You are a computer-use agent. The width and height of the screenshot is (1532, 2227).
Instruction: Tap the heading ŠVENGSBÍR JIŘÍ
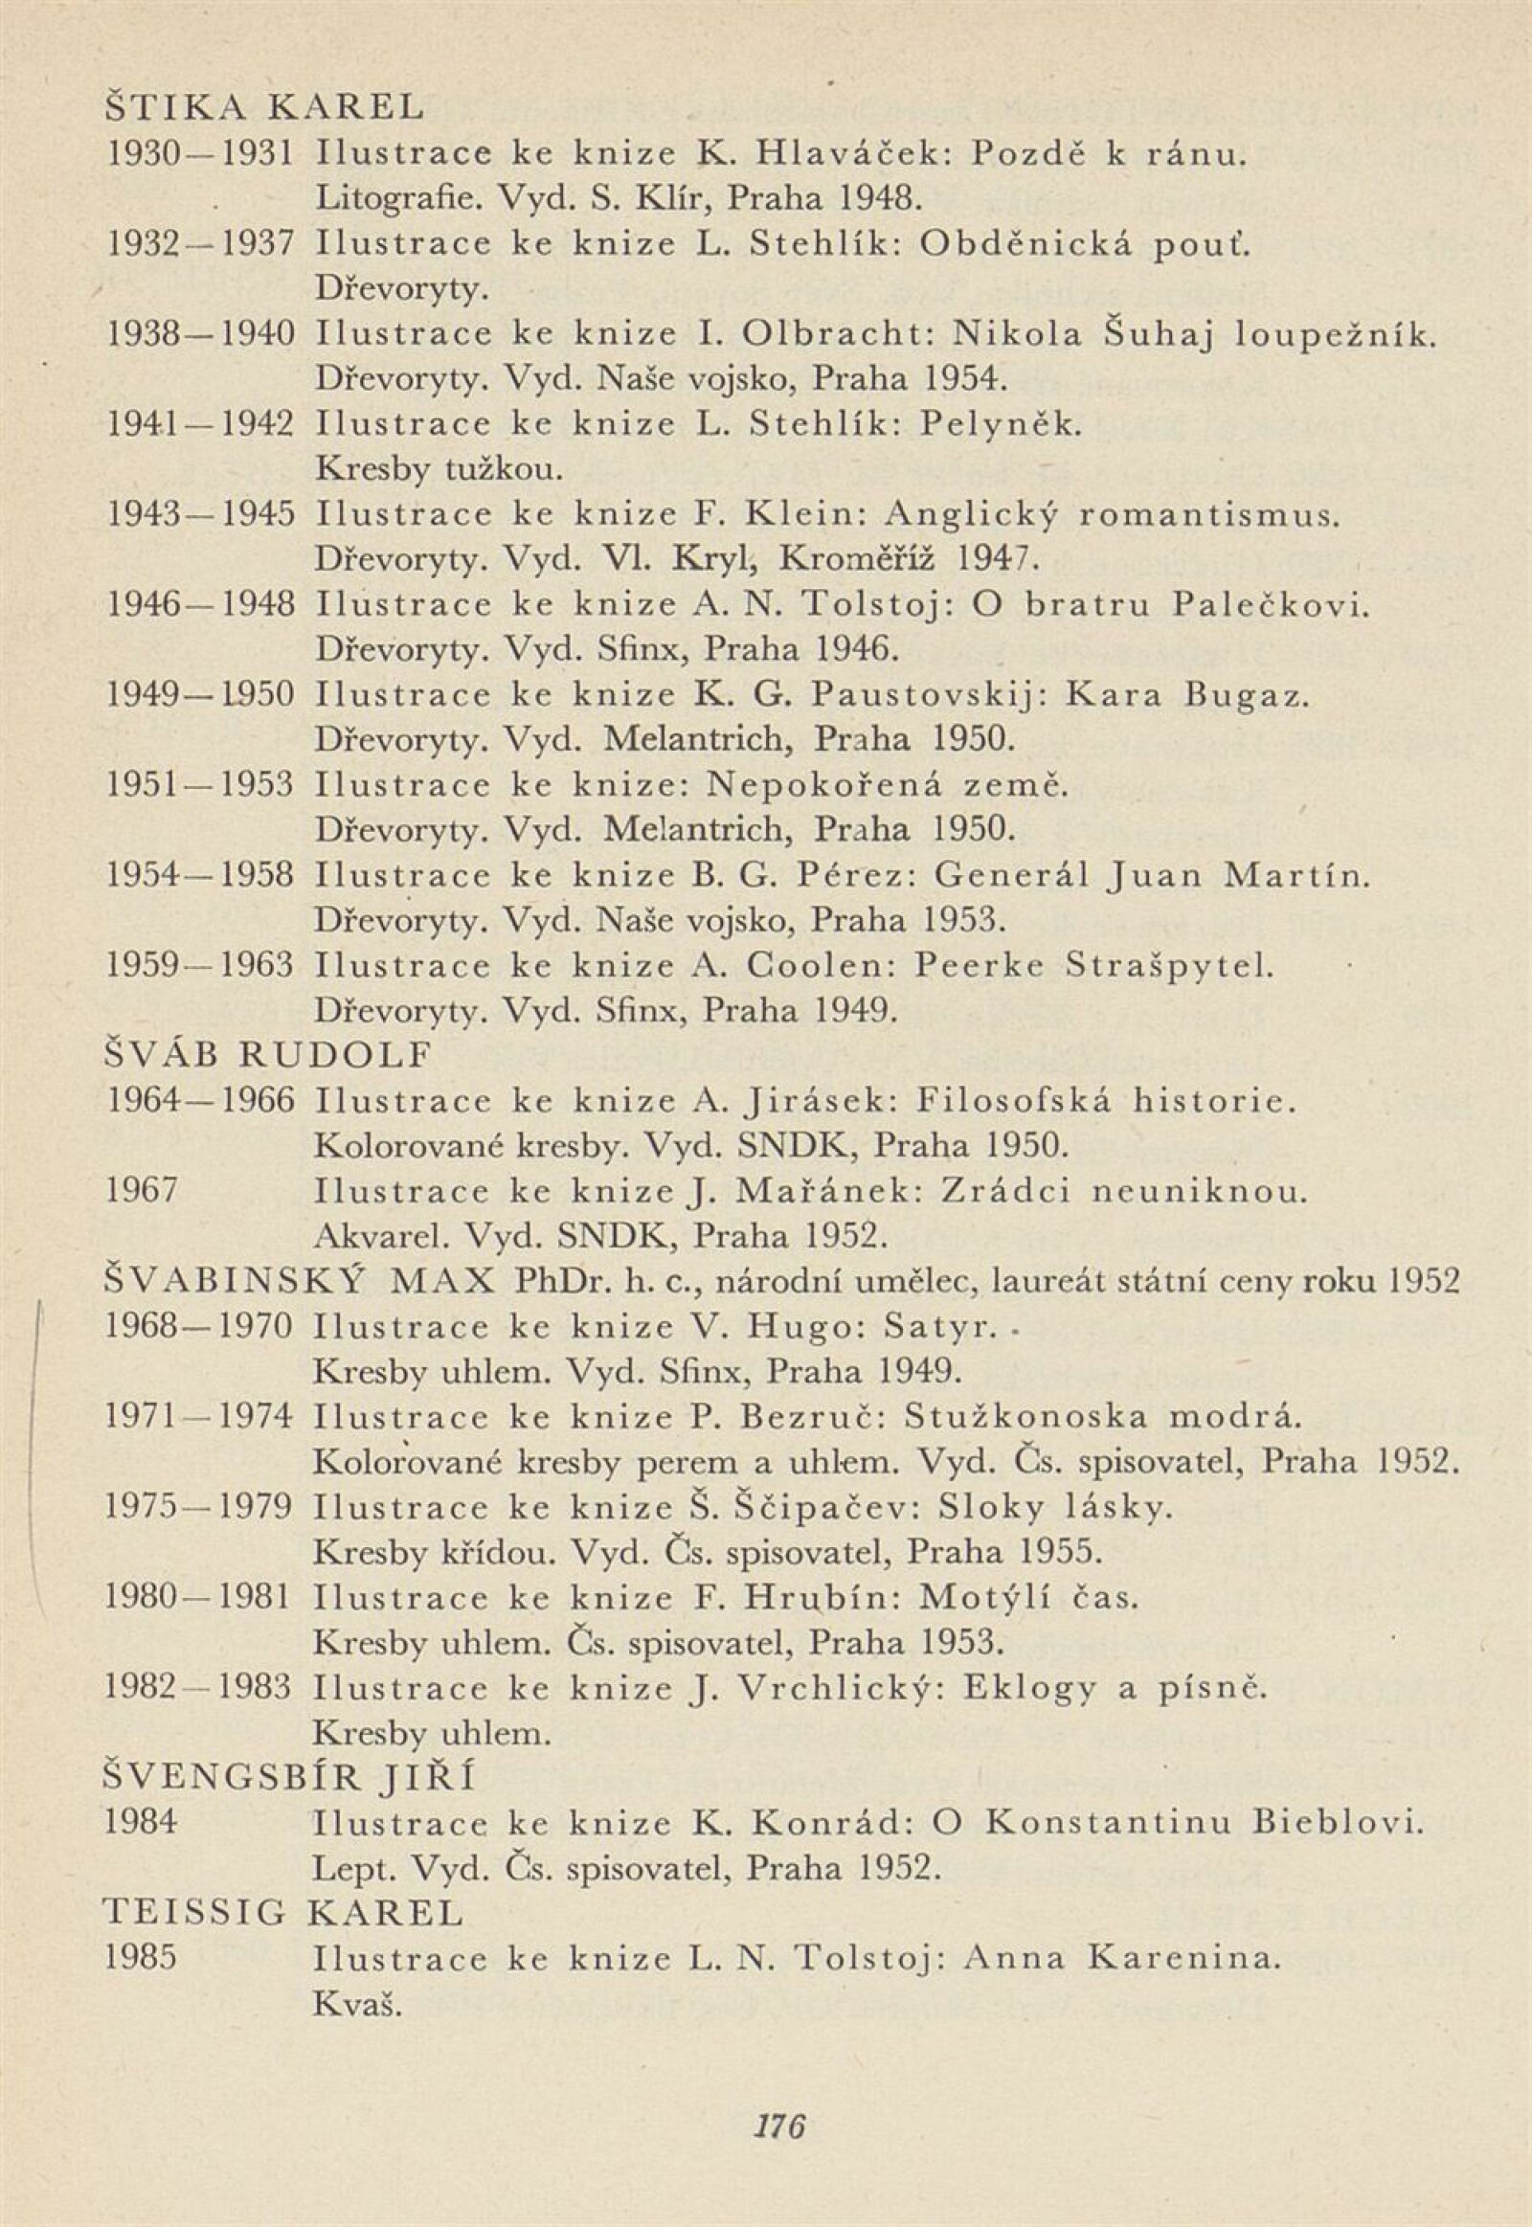tap(289, 1778)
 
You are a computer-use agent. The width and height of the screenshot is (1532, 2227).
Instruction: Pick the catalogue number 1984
tap(141, 1823)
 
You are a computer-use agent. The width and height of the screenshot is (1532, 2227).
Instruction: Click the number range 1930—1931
tap(199, 152)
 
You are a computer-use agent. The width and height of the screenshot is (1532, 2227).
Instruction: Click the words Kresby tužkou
tap(434, 469)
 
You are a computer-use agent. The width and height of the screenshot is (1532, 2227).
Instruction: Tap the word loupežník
tap(1335, 334)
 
